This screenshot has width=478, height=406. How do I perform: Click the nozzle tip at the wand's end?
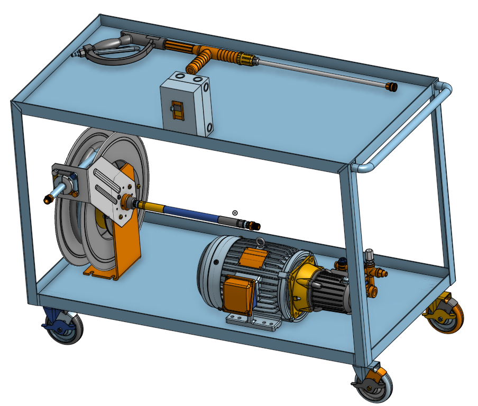click(x=391, y=87)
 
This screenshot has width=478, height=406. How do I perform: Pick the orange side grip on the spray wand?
click(x=197, y=64)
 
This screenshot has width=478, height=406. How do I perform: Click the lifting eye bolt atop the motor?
click(x=260, y=243)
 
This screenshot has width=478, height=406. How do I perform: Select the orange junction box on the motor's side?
click(x=238, y=294)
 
